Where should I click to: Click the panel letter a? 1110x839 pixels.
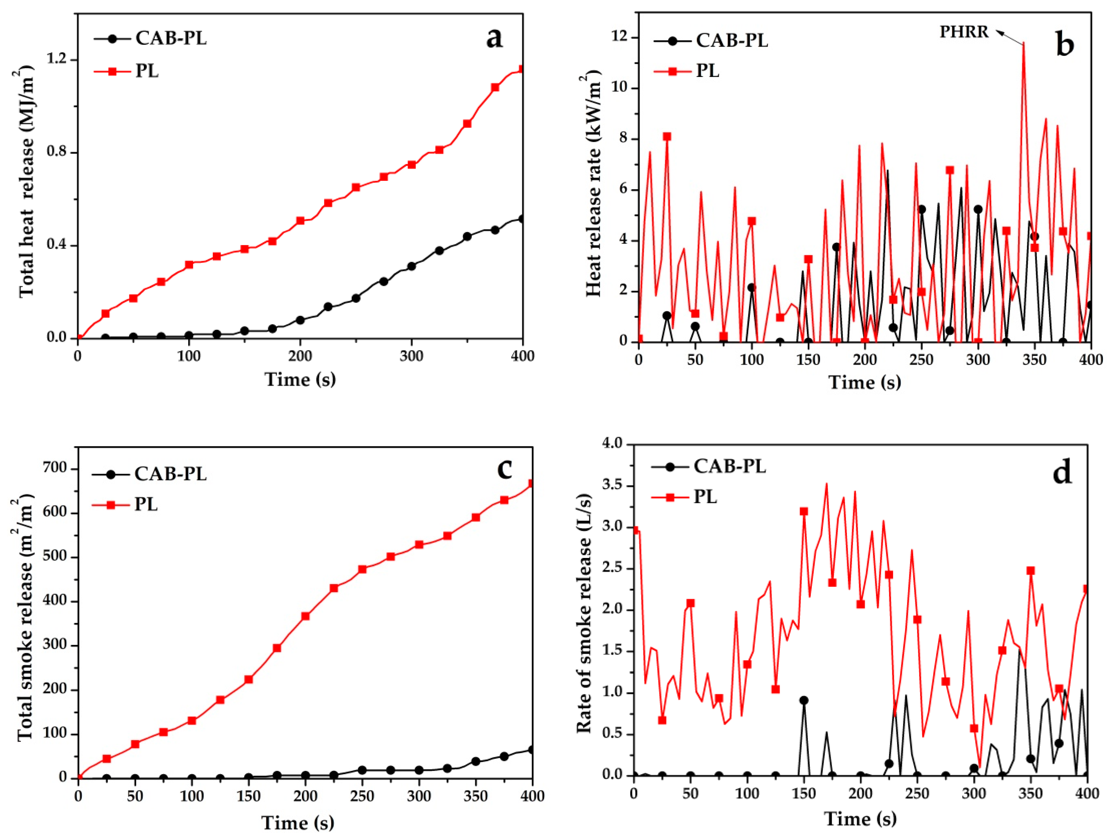coord(494,38)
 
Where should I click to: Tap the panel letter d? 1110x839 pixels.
coord(1062,472)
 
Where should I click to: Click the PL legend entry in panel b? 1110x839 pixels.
coord(707,71)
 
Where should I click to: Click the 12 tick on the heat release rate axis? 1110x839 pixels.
coord(619,38)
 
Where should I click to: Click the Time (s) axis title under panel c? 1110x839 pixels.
coord(297,823)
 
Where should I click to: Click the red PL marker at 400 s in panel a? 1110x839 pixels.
coord(522,69)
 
